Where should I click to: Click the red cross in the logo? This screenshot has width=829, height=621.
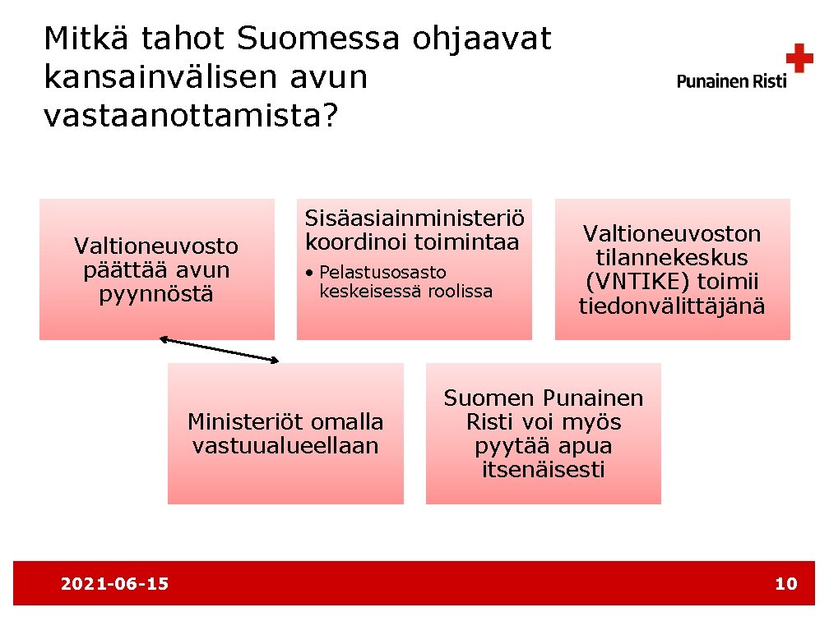coord(799,59)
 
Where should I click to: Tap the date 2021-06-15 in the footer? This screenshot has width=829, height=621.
coord(115,584)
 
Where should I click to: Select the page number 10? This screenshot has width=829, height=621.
coord(786,584)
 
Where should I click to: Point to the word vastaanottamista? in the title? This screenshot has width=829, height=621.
coord(191,116)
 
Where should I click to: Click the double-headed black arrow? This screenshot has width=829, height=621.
coord(220,349)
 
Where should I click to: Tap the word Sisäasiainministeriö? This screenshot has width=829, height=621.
coord(414,218)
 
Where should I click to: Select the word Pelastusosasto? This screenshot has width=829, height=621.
coord(382,272)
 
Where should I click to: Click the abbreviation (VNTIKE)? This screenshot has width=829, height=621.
coord(637,282)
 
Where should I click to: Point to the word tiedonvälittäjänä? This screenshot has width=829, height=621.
coord(672,306)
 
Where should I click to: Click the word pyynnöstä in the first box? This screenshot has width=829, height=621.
coord(156,294)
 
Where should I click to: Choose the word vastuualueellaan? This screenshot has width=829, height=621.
coord(285,446)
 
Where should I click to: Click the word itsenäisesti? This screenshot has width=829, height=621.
coord(543,470)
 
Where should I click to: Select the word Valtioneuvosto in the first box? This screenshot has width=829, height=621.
coord(156,246)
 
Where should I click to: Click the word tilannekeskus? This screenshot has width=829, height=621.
coord(672,258)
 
